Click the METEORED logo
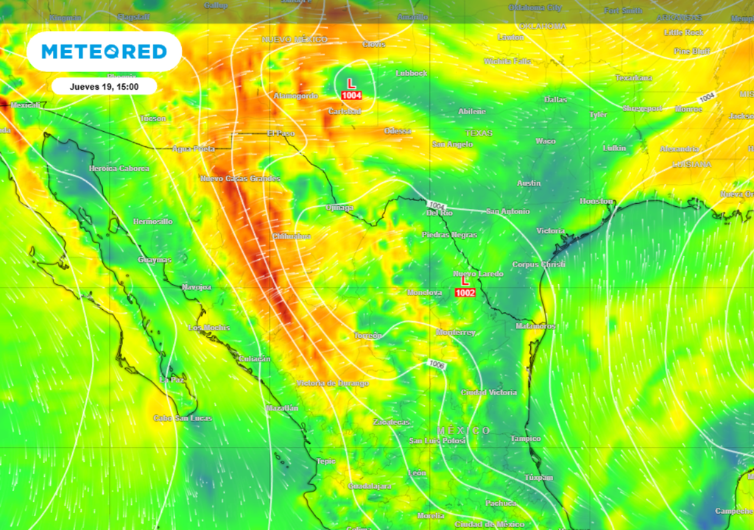point(104,52)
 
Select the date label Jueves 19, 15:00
point(104,86)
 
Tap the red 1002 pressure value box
point(465,293)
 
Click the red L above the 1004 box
point(351,84)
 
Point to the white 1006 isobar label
point(436,364)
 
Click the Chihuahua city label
point(292,236)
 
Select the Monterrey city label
point(456,333)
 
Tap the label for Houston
point(596,201)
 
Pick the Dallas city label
point(555,99)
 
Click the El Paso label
point(281,134)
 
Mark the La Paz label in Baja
point(172,379)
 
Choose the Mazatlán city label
point(281,408)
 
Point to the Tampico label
point(526,439)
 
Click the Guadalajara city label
point(370,487)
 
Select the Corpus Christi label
point(539,264)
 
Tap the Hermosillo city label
point(153,222)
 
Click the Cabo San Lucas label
point(183,418)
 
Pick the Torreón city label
point(368,336)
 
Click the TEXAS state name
point(478,133)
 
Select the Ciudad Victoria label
point(489,393)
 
